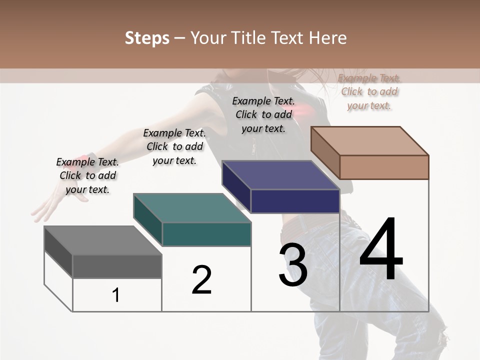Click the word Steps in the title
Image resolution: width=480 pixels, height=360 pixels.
[147, 38]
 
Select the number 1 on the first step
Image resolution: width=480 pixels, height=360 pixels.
[116, 295]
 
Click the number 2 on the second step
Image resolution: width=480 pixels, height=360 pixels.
[201, 280]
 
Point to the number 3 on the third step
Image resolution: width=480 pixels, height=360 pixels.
[293, 265]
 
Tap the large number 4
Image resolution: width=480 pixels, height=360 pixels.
[381, 250]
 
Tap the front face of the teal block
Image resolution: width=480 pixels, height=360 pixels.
[206, 234]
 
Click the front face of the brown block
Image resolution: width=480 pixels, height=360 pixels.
[384, 167]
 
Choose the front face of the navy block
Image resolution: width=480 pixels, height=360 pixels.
[295, 201]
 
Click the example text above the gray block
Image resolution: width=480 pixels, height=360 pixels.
[87, 175]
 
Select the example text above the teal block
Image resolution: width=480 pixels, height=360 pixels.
[174, 146]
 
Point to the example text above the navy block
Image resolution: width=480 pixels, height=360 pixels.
[263, 114]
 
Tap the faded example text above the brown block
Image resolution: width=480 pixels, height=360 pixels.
[369, 91]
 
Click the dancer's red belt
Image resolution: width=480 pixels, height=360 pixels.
[300, 227]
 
